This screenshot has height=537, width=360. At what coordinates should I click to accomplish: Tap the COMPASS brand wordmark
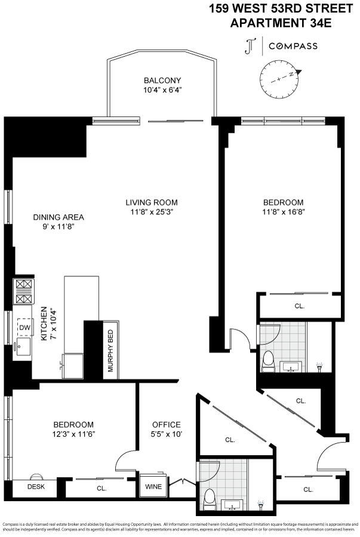point(293,46)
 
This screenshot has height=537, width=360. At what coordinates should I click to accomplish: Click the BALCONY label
point(162,81)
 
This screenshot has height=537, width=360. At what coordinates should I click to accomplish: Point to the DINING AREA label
point(58,217)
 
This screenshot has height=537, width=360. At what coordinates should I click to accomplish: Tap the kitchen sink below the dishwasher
point(23,347)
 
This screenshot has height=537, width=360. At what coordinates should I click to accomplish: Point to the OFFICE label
point(166,424)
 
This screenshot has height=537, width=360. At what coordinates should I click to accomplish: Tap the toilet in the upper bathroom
point(268,359)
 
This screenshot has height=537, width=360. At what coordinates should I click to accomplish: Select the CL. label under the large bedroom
point(300,305)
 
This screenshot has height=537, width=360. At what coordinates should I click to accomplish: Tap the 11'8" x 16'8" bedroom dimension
point(283,212)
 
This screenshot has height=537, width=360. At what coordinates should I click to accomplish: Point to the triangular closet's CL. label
point(230,440)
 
